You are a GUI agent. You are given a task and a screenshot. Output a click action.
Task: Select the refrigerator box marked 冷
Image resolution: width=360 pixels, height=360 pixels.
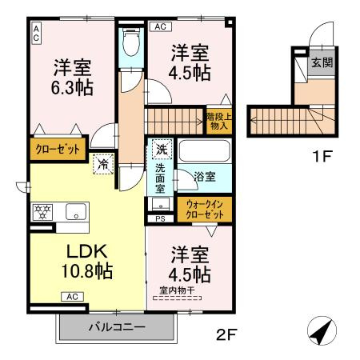click(103, 164)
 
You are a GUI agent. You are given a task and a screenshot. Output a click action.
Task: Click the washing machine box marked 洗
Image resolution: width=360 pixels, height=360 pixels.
click(161, 150)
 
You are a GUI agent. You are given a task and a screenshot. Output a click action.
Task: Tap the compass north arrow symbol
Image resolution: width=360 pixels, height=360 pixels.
click(321, 330)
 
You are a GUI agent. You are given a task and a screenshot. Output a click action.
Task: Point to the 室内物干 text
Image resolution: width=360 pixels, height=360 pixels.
click(175, 291)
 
